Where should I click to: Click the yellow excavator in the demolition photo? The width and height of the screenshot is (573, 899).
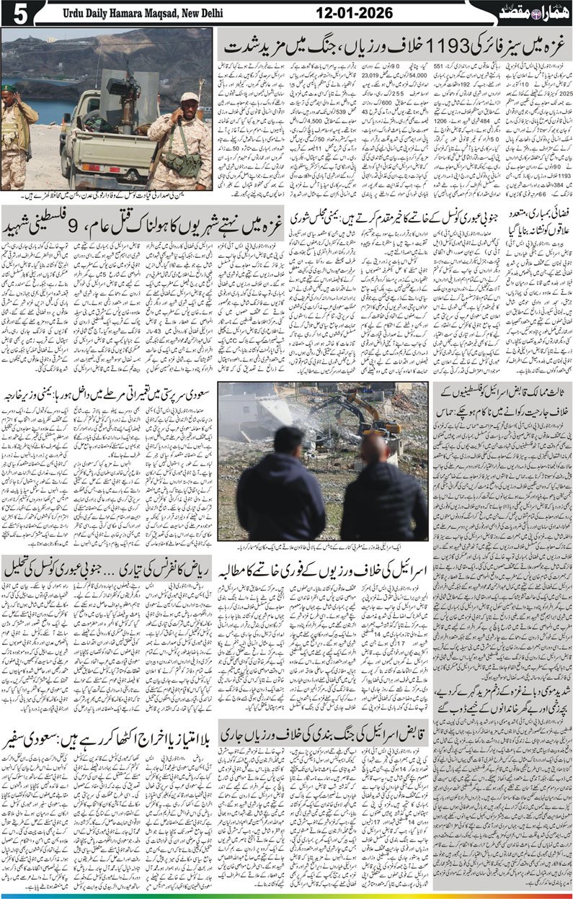pos(368,425)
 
